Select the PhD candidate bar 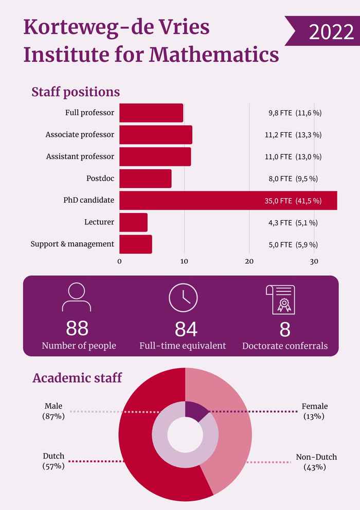228,200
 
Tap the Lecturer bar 133,222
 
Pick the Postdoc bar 145,179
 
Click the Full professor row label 89,113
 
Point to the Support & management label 72,244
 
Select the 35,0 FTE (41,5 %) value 293,201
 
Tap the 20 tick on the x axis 249,261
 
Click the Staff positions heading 76,92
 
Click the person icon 77,297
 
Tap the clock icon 183,297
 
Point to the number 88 77,328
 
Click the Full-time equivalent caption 183,346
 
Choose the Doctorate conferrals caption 285,346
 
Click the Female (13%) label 314,411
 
